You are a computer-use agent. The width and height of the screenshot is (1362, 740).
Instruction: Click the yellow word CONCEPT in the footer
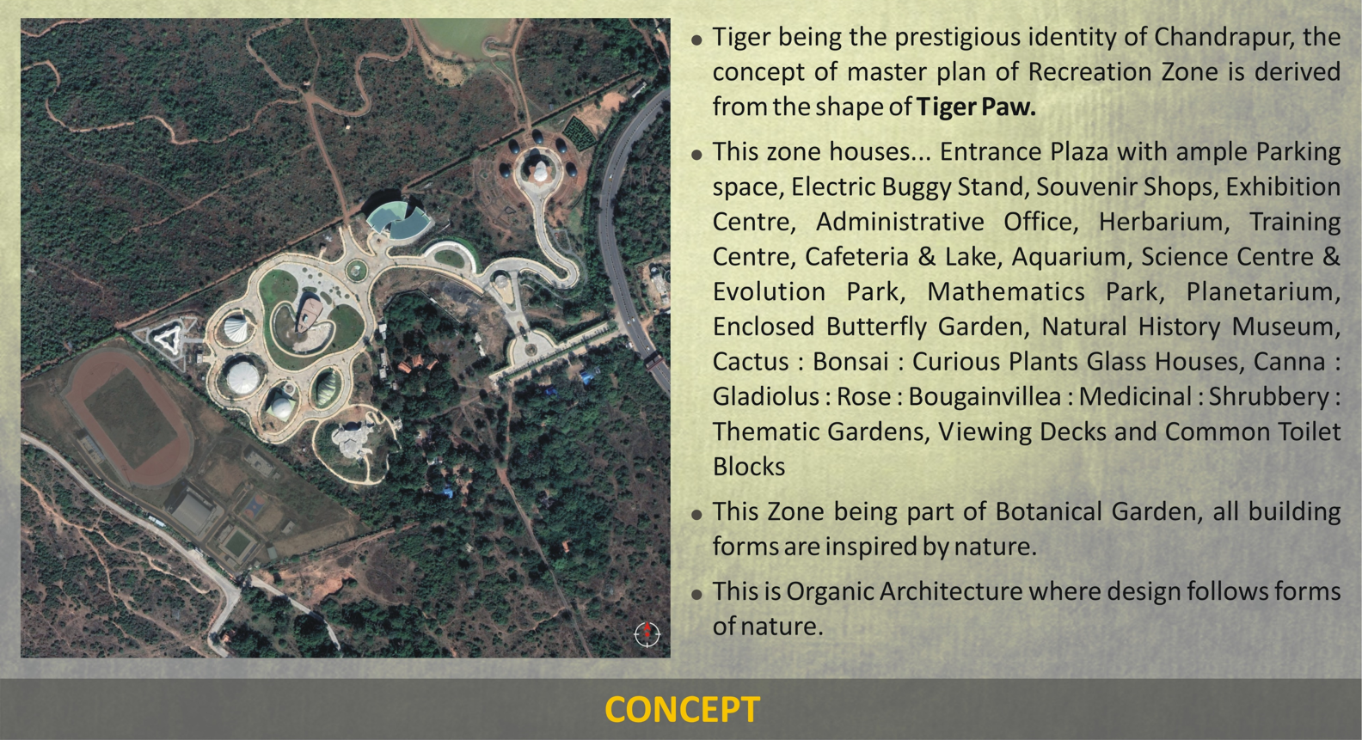(682, 709)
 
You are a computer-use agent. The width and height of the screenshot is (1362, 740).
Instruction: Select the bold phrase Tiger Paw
(976, 107)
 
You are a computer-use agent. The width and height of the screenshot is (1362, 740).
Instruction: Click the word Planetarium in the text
(1263, 291)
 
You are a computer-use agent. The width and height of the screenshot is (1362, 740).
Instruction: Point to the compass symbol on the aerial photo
(647, 633)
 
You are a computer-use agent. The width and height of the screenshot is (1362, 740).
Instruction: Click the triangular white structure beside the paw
(166, 337)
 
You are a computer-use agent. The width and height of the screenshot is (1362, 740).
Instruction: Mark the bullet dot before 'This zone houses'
(697, 154)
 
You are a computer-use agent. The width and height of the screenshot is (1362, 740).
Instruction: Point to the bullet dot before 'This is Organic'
(697, 594)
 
